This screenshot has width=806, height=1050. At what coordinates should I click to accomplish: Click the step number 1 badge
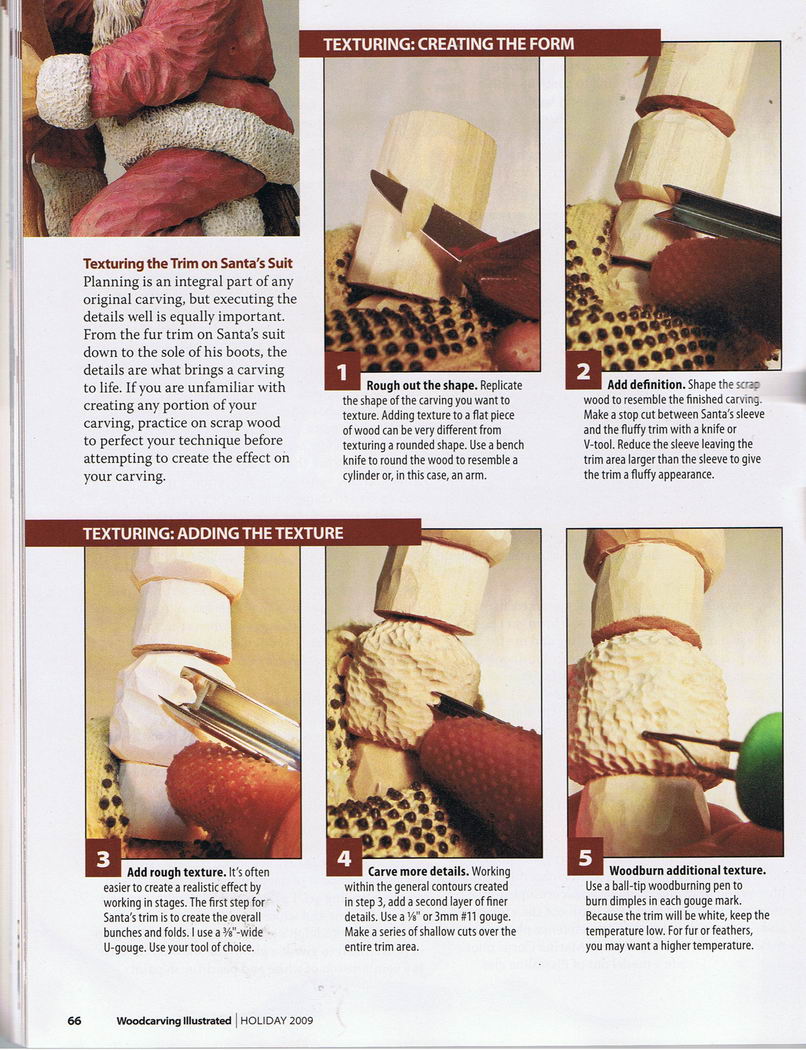342,371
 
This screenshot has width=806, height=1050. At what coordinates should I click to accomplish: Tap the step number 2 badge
583,370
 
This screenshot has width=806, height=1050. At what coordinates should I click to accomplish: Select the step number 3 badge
103,858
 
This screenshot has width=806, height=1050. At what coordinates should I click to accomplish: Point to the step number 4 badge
344,858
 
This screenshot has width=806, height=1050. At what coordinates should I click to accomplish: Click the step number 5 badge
585,857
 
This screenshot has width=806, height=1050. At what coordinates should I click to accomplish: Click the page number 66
74,1021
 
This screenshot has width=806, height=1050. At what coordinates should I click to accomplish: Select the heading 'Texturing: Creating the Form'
449,45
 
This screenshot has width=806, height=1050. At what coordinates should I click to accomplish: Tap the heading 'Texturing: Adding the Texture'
213,534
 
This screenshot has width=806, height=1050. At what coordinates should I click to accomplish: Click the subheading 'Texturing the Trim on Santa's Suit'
188,264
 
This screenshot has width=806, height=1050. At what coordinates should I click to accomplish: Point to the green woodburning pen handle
760,770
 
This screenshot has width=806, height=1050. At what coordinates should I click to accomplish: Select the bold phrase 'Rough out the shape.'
422,386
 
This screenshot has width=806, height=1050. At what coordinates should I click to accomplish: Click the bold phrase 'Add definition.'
646,385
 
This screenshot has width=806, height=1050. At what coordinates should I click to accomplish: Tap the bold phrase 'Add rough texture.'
176,873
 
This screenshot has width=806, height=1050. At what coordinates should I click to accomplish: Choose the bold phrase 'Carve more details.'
418,872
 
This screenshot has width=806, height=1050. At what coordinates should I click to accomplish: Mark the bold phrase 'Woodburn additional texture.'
688,871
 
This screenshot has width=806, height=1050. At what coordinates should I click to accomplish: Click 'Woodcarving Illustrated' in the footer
174,1021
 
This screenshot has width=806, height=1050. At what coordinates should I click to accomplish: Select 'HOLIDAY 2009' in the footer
276,1021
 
